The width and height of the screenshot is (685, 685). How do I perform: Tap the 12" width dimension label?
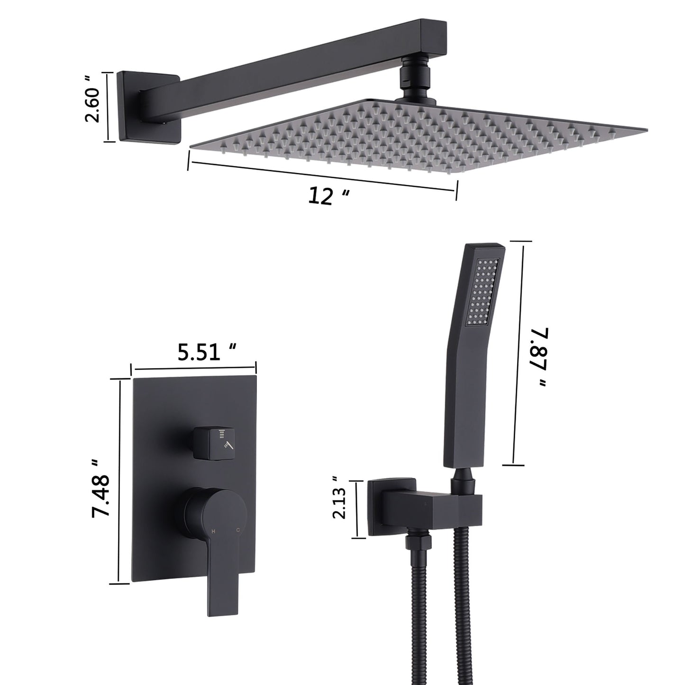tap(329, 195)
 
